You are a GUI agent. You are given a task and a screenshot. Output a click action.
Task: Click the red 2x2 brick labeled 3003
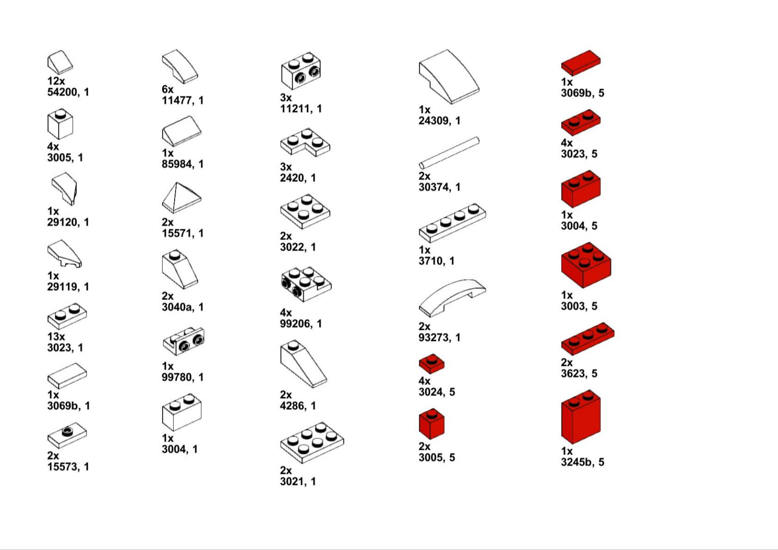coord(586,265)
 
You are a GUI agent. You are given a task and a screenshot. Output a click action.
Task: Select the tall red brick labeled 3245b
coord(581,417)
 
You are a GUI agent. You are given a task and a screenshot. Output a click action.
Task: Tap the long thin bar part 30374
coord(449,153)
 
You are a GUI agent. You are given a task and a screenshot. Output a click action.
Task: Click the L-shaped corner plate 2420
coord(305,142)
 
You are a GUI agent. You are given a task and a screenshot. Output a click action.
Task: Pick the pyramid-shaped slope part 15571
coord(181,198)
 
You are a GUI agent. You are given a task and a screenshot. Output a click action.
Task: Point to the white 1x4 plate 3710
coord(452,223)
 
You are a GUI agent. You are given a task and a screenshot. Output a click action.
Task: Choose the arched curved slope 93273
coord(452,298)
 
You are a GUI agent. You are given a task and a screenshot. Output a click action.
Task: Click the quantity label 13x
coord(56,337)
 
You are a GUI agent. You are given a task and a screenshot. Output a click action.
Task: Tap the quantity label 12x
coord(56,81)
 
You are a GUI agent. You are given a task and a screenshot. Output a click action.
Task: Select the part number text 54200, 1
coord(68,92)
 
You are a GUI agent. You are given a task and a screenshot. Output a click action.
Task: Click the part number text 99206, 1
coord(301,324)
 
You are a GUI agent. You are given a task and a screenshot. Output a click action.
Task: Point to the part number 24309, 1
coord(440,120)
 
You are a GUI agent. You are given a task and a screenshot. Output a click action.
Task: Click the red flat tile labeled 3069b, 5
coord(581,62)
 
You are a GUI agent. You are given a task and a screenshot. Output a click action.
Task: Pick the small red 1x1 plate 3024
coord(431,364)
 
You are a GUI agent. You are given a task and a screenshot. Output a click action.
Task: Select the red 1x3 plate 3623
coord(588,339)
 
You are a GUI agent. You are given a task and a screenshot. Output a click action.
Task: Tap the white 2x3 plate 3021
coord(312,442)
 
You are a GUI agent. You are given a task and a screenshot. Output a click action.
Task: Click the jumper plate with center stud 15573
coord(67,436)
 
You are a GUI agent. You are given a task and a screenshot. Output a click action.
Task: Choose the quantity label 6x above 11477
coord(168,89)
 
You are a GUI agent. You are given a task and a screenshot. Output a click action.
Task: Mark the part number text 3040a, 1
coord(183,307)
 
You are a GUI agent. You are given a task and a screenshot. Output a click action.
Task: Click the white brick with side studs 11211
coord(301,71)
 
